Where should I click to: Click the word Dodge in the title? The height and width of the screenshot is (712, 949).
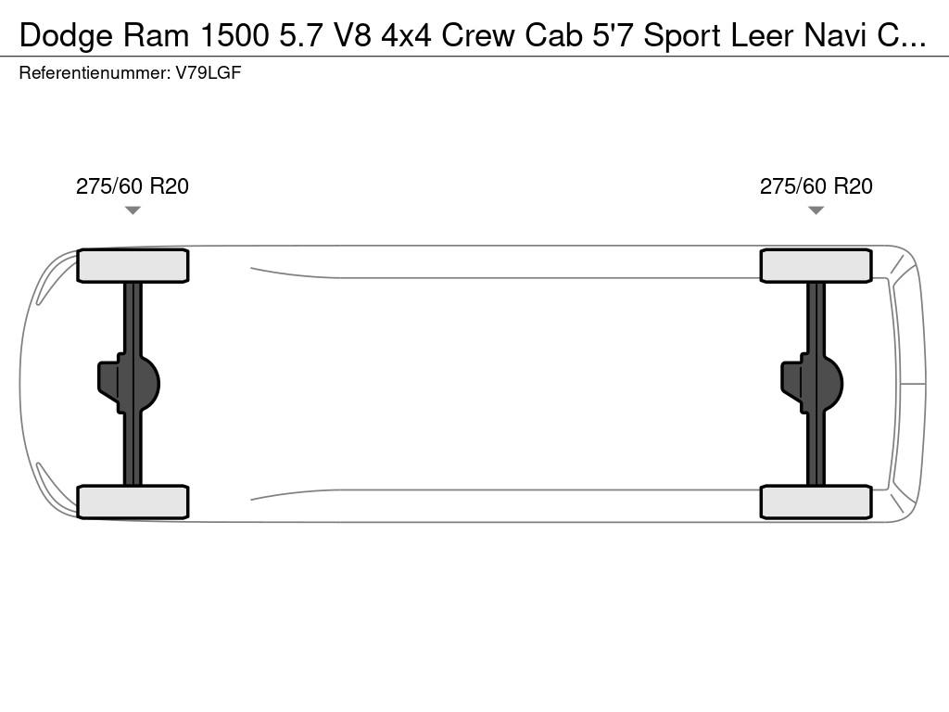click(x=66, y=36)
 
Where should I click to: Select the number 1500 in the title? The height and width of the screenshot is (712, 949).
click(x=234, y=35)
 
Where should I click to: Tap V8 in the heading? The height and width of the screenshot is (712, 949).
click(x=353, y=35)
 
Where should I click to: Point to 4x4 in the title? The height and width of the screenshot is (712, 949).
click(x=406, y=35)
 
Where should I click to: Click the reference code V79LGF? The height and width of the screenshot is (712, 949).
click(x=209, y=73)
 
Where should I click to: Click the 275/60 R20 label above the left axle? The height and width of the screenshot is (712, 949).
click(x=132, y=185)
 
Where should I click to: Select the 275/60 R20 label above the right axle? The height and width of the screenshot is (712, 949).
click(x=816, y=185)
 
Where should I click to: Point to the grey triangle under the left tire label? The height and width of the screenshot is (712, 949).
click(x=133, y=210)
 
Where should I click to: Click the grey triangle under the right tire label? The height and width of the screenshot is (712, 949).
click(x=816, y=210)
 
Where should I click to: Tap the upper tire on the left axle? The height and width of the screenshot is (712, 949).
click(x=133, y=266)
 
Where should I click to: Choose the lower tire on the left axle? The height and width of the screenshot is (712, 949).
click(x=133, y=502)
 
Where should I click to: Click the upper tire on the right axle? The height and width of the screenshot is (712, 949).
click(x=816, y=266)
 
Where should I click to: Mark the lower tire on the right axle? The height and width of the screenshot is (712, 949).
click(x=816, y=502)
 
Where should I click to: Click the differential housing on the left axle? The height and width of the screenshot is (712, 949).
click(x=129, y=384)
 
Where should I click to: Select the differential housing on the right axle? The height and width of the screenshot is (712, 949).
click(x=812, y=384)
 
